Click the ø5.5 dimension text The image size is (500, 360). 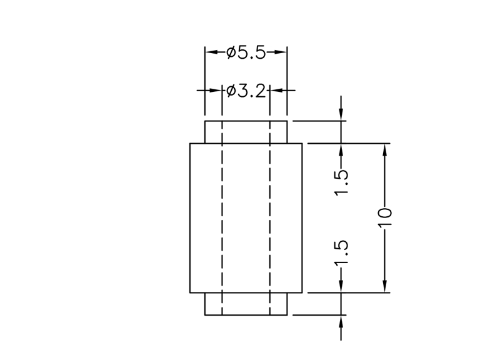click(246, 53)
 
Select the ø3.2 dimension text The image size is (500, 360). click(246, 91)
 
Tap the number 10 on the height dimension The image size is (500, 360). click(385, 216)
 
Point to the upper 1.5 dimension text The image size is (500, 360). click(341, 182)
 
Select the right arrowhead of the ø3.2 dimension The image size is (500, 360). click(275, 91)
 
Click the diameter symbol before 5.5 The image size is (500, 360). click(231, 53)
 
